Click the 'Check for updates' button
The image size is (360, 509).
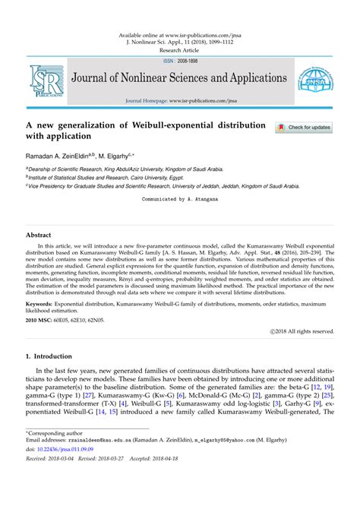coord(305,128)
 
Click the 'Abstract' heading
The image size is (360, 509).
coord(39,235)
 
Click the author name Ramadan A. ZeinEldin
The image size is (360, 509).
coord(62,153)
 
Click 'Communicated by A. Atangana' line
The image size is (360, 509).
coord(180,198)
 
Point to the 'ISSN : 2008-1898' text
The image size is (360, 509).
coord(179,61)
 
